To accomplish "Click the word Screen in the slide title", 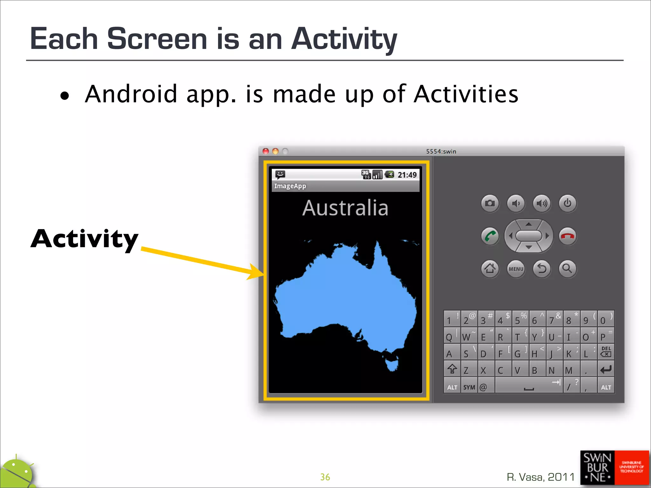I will [x=157, y=39].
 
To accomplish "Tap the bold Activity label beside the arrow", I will [x=85, y=239].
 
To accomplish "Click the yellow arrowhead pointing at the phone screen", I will [x=256, y=272].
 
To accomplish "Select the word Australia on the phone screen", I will [x=345, y=208].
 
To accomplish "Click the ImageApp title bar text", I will [x=290, y=186].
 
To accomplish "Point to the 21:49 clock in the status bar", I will [x=407, y=175].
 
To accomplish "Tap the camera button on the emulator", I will [x=490, y=203].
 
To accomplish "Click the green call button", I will [x=490, y=236].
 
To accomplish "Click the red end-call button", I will [x=567, y=236].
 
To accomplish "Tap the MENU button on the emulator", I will [x=516, y=269].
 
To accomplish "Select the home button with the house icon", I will [x=490, y=269].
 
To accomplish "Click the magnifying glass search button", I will [x=567, y=269].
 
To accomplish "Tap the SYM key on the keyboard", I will [x=469, y=387].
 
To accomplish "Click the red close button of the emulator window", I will [x=266, y=152].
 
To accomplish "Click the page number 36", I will [x=325, y=477].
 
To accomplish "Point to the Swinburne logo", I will [x=614, y=468].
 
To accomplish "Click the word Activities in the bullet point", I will [x=466, y=94].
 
